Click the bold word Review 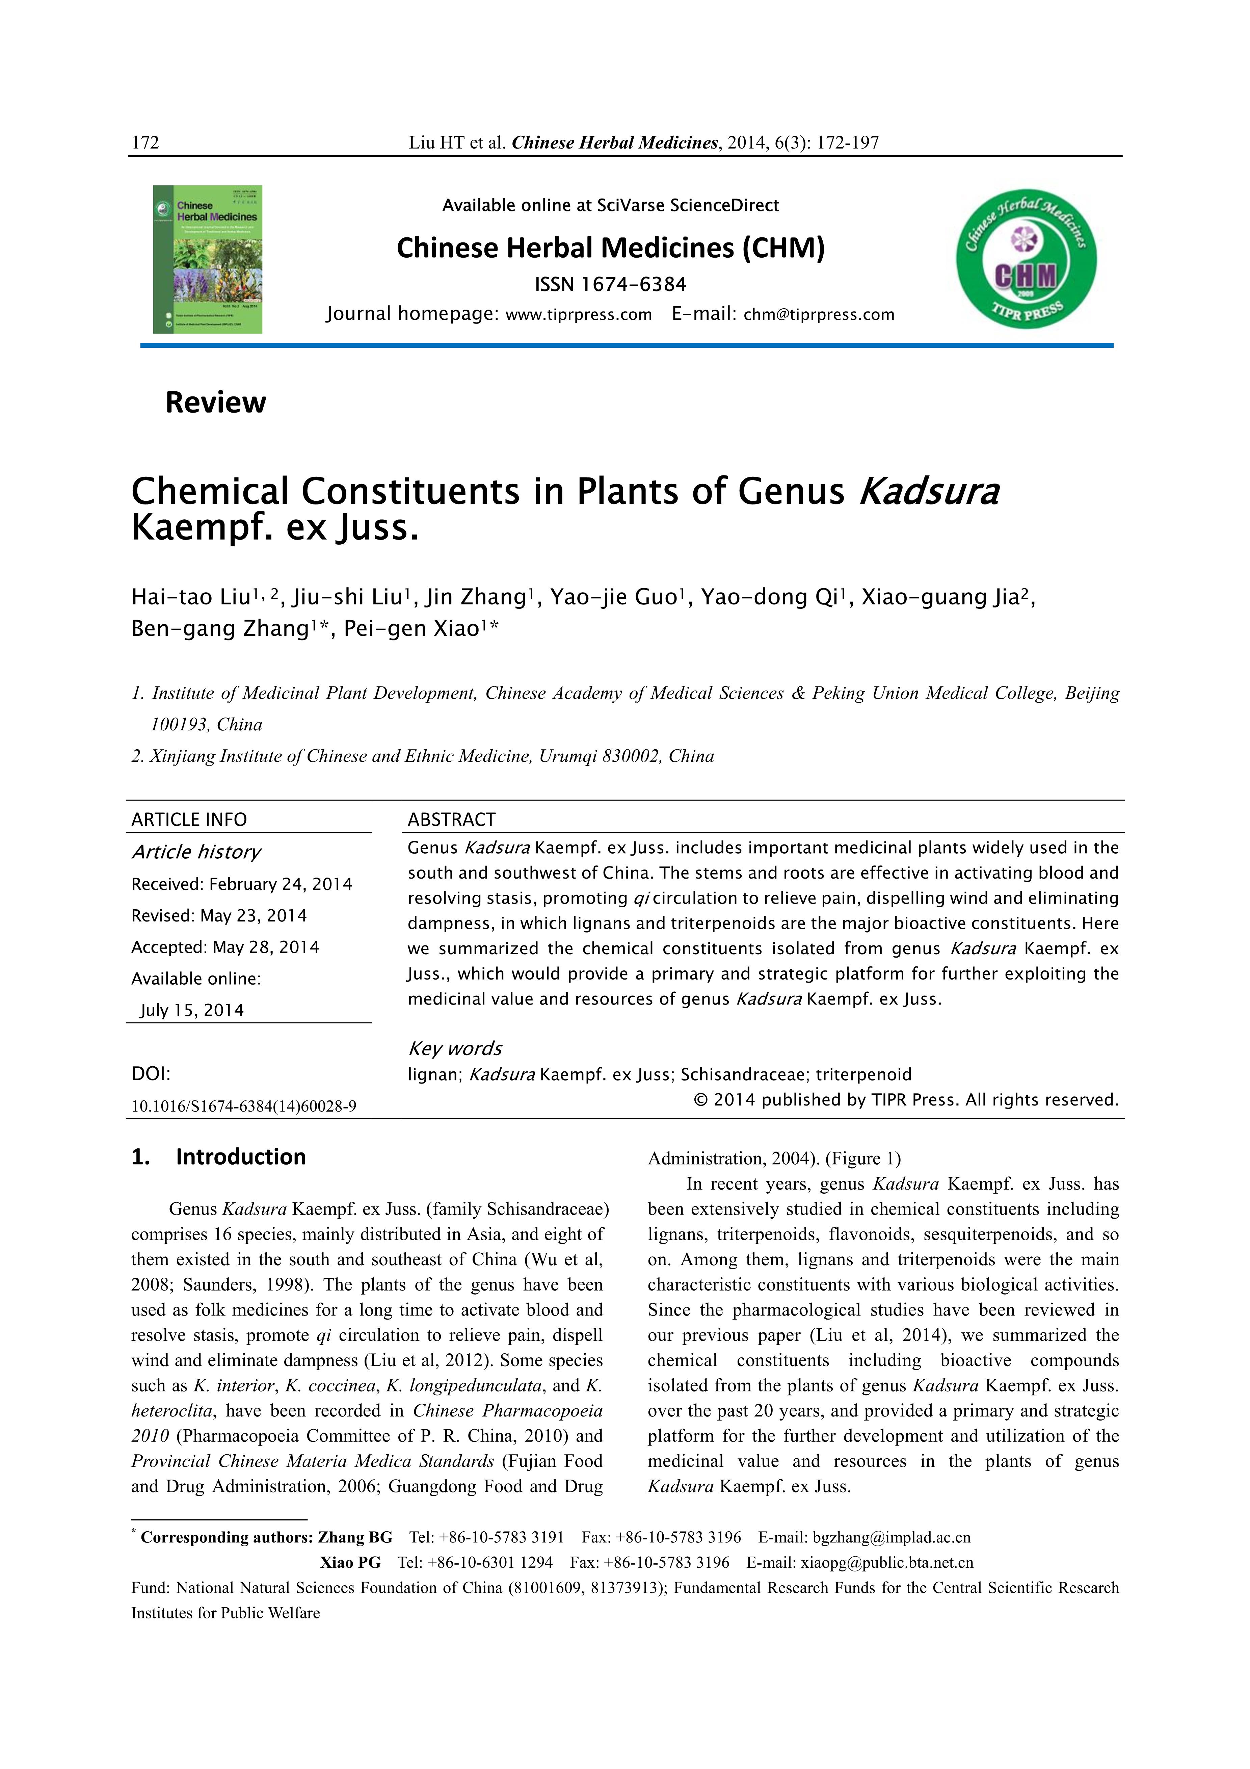[216, 402]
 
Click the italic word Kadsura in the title [929, 492]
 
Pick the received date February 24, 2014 [280, 885]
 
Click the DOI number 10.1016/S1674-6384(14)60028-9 [243, 1107]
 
